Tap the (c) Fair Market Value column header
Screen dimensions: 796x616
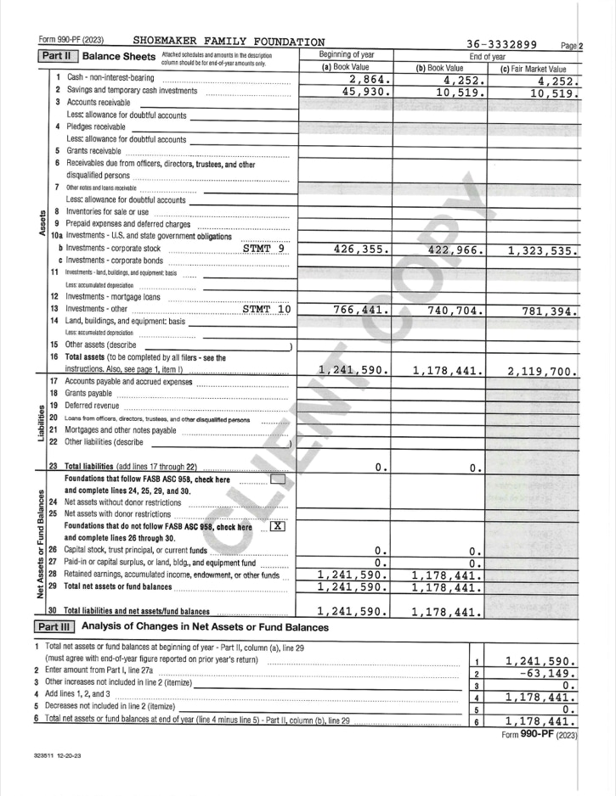(534, 68)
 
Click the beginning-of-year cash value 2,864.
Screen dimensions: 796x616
(365, 80)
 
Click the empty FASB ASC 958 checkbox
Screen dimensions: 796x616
(277, 479)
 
